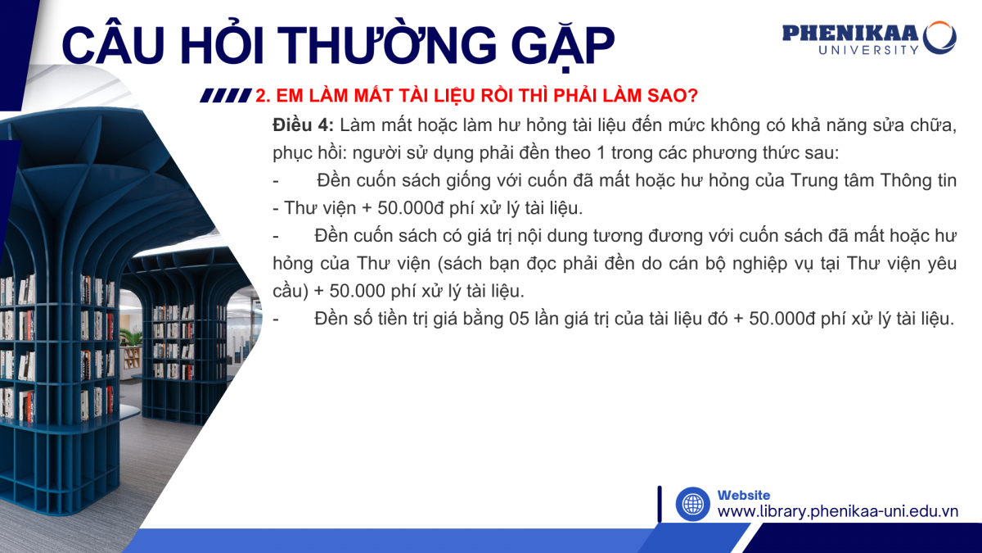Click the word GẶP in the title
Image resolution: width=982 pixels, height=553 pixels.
click(x=562, y=45)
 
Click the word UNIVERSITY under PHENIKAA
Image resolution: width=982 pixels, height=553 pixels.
click(x=869, y=50)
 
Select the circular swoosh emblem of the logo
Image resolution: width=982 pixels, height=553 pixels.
click(x=939, y=38)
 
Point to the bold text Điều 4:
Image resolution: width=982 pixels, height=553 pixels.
click(x=303, y=125)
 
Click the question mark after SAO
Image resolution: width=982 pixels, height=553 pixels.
click(x=692, y=95)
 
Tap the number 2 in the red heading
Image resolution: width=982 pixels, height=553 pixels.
click(x=260, y=95)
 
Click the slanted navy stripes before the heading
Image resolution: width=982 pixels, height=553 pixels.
click(x=226, y=96)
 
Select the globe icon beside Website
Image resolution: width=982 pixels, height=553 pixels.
click(x=692, y=504)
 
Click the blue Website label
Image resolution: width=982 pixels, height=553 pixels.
click(x=744, y=495)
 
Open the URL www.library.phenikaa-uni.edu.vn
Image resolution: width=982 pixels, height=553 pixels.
click(x=838, y=512)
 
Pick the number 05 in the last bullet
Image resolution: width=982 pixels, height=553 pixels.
click(x=519, y=319)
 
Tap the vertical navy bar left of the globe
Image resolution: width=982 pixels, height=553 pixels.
click(x=660, y=504)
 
